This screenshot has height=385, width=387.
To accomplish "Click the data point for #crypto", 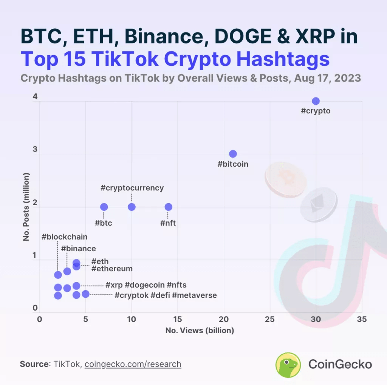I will point(316,101).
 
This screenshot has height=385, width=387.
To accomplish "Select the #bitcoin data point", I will point(233,154).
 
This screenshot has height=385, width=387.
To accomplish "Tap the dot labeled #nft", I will point(169,207).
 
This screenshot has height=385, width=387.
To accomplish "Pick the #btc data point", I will point(104,207).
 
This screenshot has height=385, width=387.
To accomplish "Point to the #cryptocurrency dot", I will point(132,207).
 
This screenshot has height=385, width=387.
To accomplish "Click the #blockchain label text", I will point(65,237).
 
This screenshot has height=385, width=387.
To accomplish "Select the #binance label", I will point(78,249).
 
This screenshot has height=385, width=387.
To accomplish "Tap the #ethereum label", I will point(112,269).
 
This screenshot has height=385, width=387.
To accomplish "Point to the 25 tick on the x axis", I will point(270,320).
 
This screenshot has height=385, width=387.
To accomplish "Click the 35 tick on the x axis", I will point(362,320).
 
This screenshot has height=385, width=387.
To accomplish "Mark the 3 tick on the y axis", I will point(35,149).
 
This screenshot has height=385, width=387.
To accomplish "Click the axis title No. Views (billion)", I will point(200,330).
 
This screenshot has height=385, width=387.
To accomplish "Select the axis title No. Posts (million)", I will point(26,207).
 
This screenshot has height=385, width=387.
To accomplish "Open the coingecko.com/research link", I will point(133,364).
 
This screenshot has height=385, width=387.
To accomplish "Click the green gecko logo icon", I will point(288,365).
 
